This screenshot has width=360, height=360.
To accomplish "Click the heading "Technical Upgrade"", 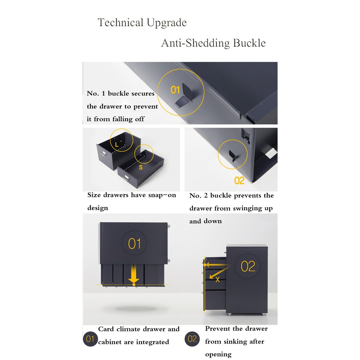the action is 142,23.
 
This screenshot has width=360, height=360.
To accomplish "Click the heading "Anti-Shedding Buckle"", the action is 213,43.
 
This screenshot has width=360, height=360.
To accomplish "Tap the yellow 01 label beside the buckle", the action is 175,90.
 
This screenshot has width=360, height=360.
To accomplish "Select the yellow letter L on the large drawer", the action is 116,144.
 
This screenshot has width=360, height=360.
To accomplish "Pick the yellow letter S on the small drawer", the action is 141,167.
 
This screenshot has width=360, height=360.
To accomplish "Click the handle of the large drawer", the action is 102,153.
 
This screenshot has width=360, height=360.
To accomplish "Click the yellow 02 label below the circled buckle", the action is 239,181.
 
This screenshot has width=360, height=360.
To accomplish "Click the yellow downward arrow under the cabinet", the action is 134,275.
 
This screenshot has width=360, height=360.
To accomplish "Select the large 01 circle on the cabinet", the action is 134,243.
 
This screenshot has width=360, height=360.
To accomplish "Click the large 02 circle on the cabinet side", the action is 248,266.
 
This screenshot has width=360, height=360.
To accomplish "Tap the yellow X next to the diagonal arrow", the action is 218,279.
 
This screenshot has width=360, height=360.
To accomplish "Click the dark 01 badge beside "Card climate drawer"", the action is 90,339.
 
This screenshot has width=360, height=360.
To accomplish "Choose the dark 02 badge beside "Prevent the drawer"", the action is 192,339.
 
